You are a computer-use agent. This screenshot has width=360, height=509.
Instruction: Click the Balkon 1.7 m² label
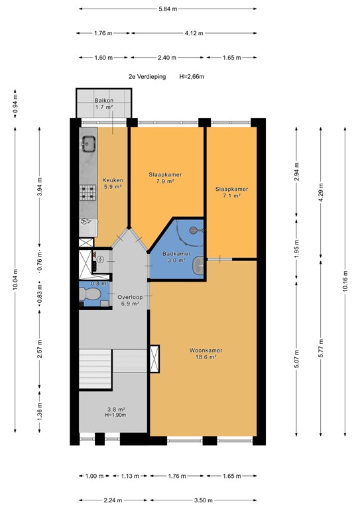tap(104, 103)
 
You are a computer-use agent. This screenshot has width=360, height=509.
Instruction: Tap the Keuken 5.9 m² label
tap(111, 183)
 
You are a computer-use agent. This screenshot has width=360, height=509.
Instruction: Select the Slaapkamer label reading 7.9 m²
tap(164, 178)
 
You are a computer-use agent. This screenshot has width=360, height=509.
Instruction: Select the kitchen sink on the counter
tap(88, 142)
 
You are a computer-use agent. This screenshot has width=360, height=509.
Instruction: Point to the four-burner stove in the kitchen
tap(88, 193)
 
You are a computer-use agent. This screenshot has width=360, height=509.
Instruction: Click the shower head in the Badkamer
tap(194, 230)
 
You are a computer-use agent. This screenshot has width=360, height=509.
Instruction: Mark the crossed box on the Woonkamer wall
tap(155, 358)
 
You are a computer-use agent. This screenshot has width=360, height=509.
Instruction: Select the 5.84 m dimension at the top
tap(168, 9)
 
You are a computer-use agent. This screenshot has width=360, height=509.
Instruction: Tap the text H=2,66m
tap(192, 77)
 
